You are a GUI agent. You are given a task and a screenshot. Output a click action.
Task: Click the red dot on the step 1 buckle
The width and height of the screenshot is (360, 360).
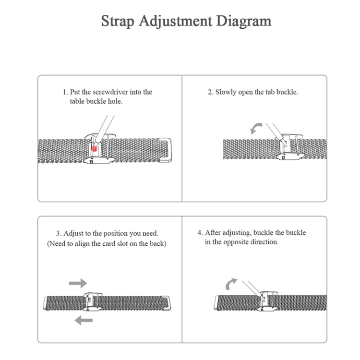tap(95, 149)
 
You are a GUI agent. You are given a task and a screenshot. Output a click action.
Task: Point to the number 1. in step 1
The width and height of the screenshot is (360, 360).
tap(65, 92)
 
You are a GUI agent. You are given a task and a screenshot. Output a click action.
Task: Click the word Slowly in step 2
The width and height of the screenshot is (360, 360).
tap(226, 92)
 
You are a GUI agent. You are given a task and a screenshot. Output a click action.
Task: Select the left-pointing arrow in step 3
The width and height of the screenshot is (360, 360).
tap(84, 320)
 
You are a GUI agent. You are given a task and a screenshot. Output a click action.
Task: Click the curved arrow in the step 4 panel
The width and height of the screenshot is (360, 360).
tap(232, 284)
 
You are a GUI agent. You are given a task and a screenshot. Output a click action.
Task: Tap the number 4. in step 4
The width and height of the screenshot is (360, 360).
tap(200, 233)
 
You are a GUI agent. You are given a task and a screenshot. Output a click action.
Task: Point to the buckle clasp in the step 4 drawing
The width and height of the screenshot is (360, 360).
tap(265, 301)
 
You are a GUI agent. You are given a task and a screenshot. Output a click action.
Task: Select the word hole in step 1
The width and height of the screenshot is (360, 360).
tap(115, 102)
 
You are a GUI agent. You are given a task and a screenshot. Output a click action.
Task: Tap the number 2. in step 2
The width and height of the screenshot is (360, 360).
tap(210, 92)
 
